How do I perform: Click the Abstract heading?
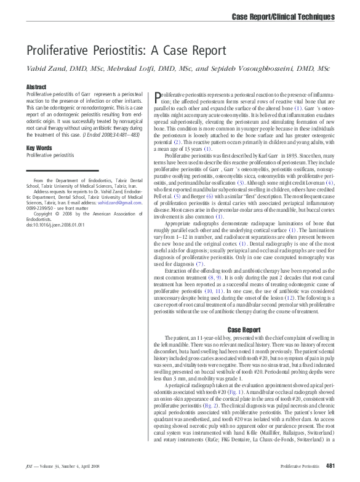[36, 87]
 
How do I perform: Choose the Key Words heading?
[39, 148]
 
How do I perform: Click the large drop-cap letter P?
[158, 97]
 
